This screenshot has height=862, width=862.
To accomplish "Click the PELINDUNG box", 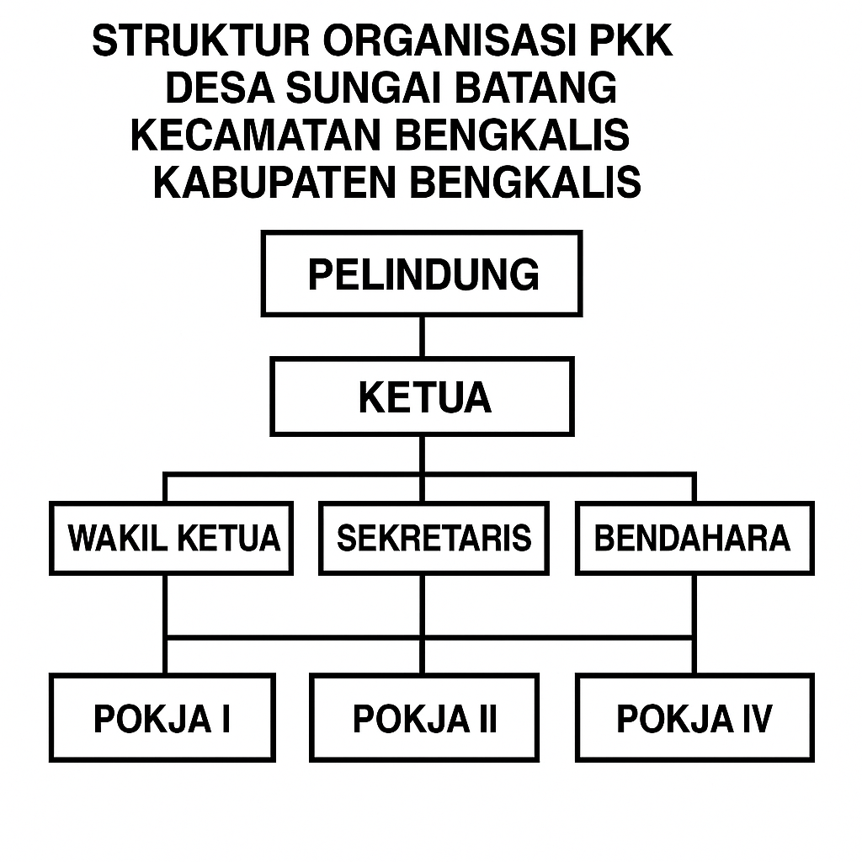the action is point(422,274).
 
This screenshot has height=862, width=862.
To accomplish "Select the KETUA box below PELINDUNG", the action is point(422,396).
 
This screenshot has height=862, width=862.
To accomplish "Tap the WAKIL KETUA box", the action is point(171,538).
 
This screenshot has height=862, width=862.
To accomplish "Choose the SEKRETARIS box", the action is point(434,538).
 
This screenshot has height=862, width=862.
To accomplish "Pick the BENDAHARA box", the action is point(694,538).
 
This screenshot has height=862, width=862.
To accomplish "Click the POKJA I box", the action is point(162,717).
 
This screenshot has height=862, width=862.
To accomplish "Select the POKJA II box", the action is point(424,717).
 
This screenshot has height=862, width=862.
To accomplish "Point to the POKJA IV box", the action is point(694,717).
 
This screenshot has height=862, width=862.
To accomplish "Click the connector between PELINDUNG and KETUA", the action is point(422,337).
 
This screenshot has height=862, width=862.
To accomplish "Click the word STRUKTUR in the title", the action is point(201,41).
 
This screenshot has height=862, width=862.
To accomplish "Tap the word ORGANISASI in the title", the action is point(449,41).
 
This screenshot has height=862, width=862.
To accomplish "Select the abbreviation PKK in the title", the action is point(631,41).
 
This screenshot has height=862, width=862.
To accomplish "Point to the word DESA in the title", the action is point(220,88).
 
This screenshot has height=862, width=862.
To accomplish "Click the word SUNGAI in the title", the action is point(364,88).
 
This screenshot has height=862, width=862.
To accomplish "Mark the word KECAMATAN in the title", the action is point(256,136).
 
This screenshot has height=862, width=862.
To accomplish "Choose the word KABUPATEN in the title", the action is point(275,182).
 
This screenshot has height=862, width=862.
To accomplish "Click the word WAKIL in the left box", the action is point(118,538).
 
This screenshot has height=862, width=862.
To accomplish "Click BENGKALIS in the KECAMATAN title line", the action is point(513,136).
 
